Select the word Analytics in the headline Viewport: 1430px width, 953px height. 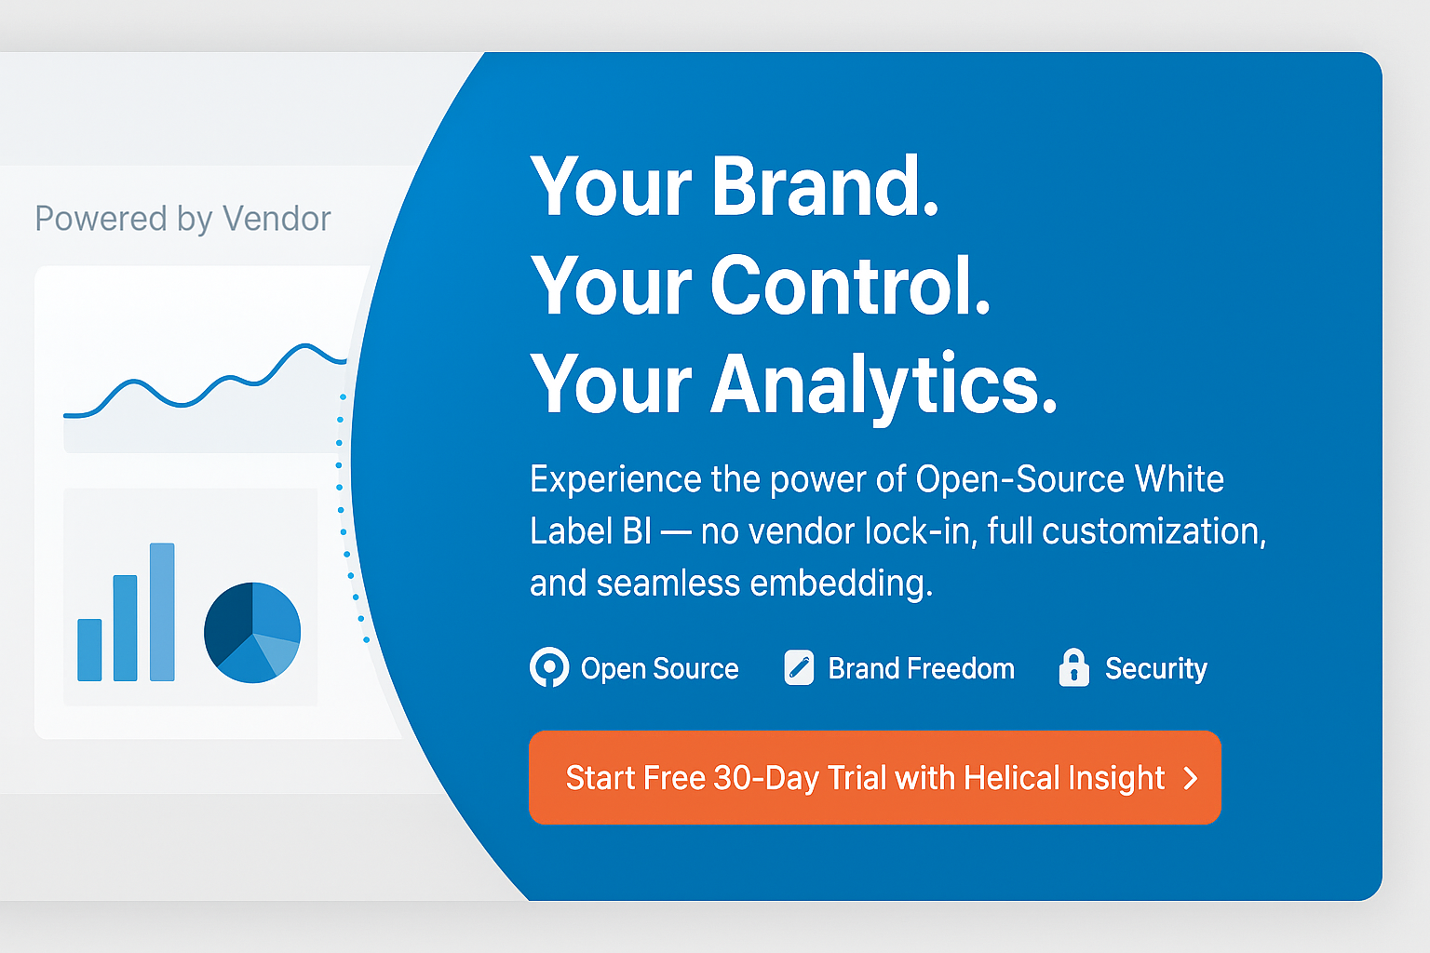(884, 383)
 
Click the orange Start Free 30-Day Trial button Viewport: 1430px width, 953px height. (873, 777)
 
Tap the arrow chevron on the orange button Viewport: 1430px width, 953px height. (1191, 778)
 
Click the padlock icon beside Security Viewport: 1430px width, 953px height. (1073, 667)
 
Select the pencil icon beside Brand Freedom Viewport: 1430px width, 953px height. (799, 667)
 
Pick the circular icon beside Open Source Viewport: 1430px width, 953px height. (549, 667)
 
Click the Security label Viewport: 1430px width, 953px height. (1155, 668)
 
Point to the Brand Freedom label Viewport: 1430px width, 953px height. (921, 668)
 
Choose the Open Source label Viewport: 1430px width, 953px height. (659, 668)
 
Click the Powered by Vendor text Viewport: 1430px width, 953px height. (182, 219)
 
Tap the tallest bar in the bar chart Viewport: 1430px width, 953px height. (162, 611)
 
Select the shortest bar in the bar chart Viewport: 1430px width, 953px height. (89, 650)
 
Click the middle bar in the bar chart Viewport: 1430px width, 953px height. (125, 628)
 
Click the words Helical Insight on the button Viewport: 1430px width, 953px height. (1064, 778)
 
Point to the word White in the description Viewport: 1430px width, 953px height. (1179, 479)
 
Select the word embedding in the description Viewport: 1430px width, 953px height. (841, 584)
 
